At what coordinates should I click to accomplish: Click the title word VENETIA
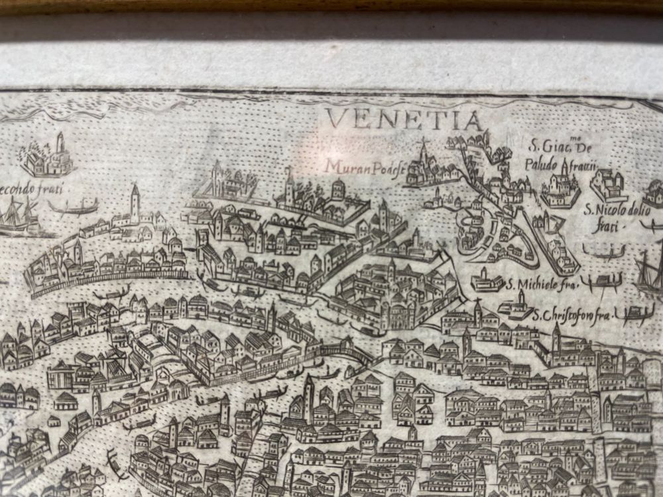(x=404, y=121)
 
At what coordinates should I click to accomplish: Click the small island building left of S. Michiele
(x=487, y=281)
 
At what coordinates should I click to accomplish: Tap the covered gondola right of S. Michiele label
(x=600, y=281)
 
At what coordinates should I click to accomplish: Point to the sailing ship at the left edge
(x=17, y=215)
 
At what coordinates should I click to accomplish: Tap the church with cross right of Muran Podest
(x=424, y=166)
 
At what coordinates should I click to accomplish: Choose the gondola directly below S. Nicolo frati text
(x=603, y=252)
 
